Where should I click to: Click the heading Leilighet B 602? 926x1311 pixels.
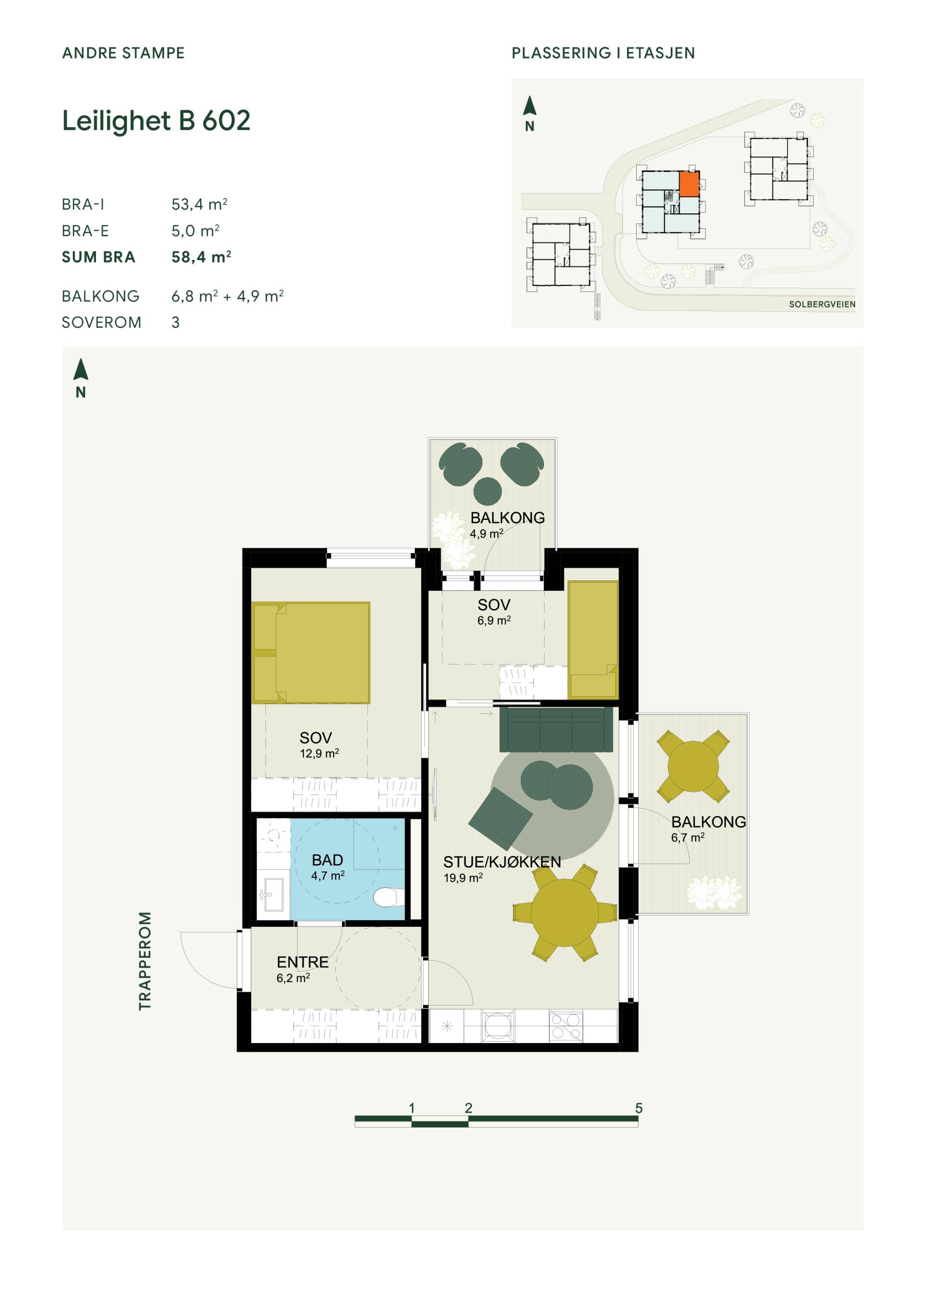click(156, 121)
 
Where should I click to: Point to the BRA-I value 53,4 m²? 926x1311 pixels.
click(200, 204)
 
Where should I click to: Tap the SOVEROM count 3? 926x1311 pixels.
click(176, 322)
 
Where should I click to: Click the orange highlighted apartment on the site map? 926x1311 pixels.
click(689, 184)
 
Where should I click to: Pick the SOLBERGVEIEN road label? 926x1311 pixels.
click(822, 304)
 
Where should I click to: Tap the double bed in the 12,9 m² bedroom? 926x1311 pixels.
click(311, 653)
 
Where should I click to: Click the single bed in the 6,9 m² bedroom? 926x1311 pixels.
click(593, 640)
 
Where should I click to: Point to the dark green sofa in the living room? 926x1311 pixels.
click(556, 730)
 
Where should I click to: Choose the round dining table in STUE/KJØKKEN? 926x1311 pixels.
click(564, 912)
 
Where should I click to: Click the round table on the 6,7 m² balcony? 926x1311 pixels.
click(693, 766)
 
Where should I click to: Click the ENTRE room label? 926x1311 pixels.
click(302, 962)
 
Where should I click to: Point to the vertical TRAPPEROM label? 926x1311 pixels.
click(145, 961)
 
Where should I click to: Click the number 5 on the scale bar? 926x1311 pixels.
click(639, 1108)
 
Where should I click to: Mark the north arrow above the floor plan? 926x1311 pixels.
click(81, 369)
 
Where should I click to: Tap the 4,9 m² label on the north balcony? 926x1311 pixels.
click(486, 534)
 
